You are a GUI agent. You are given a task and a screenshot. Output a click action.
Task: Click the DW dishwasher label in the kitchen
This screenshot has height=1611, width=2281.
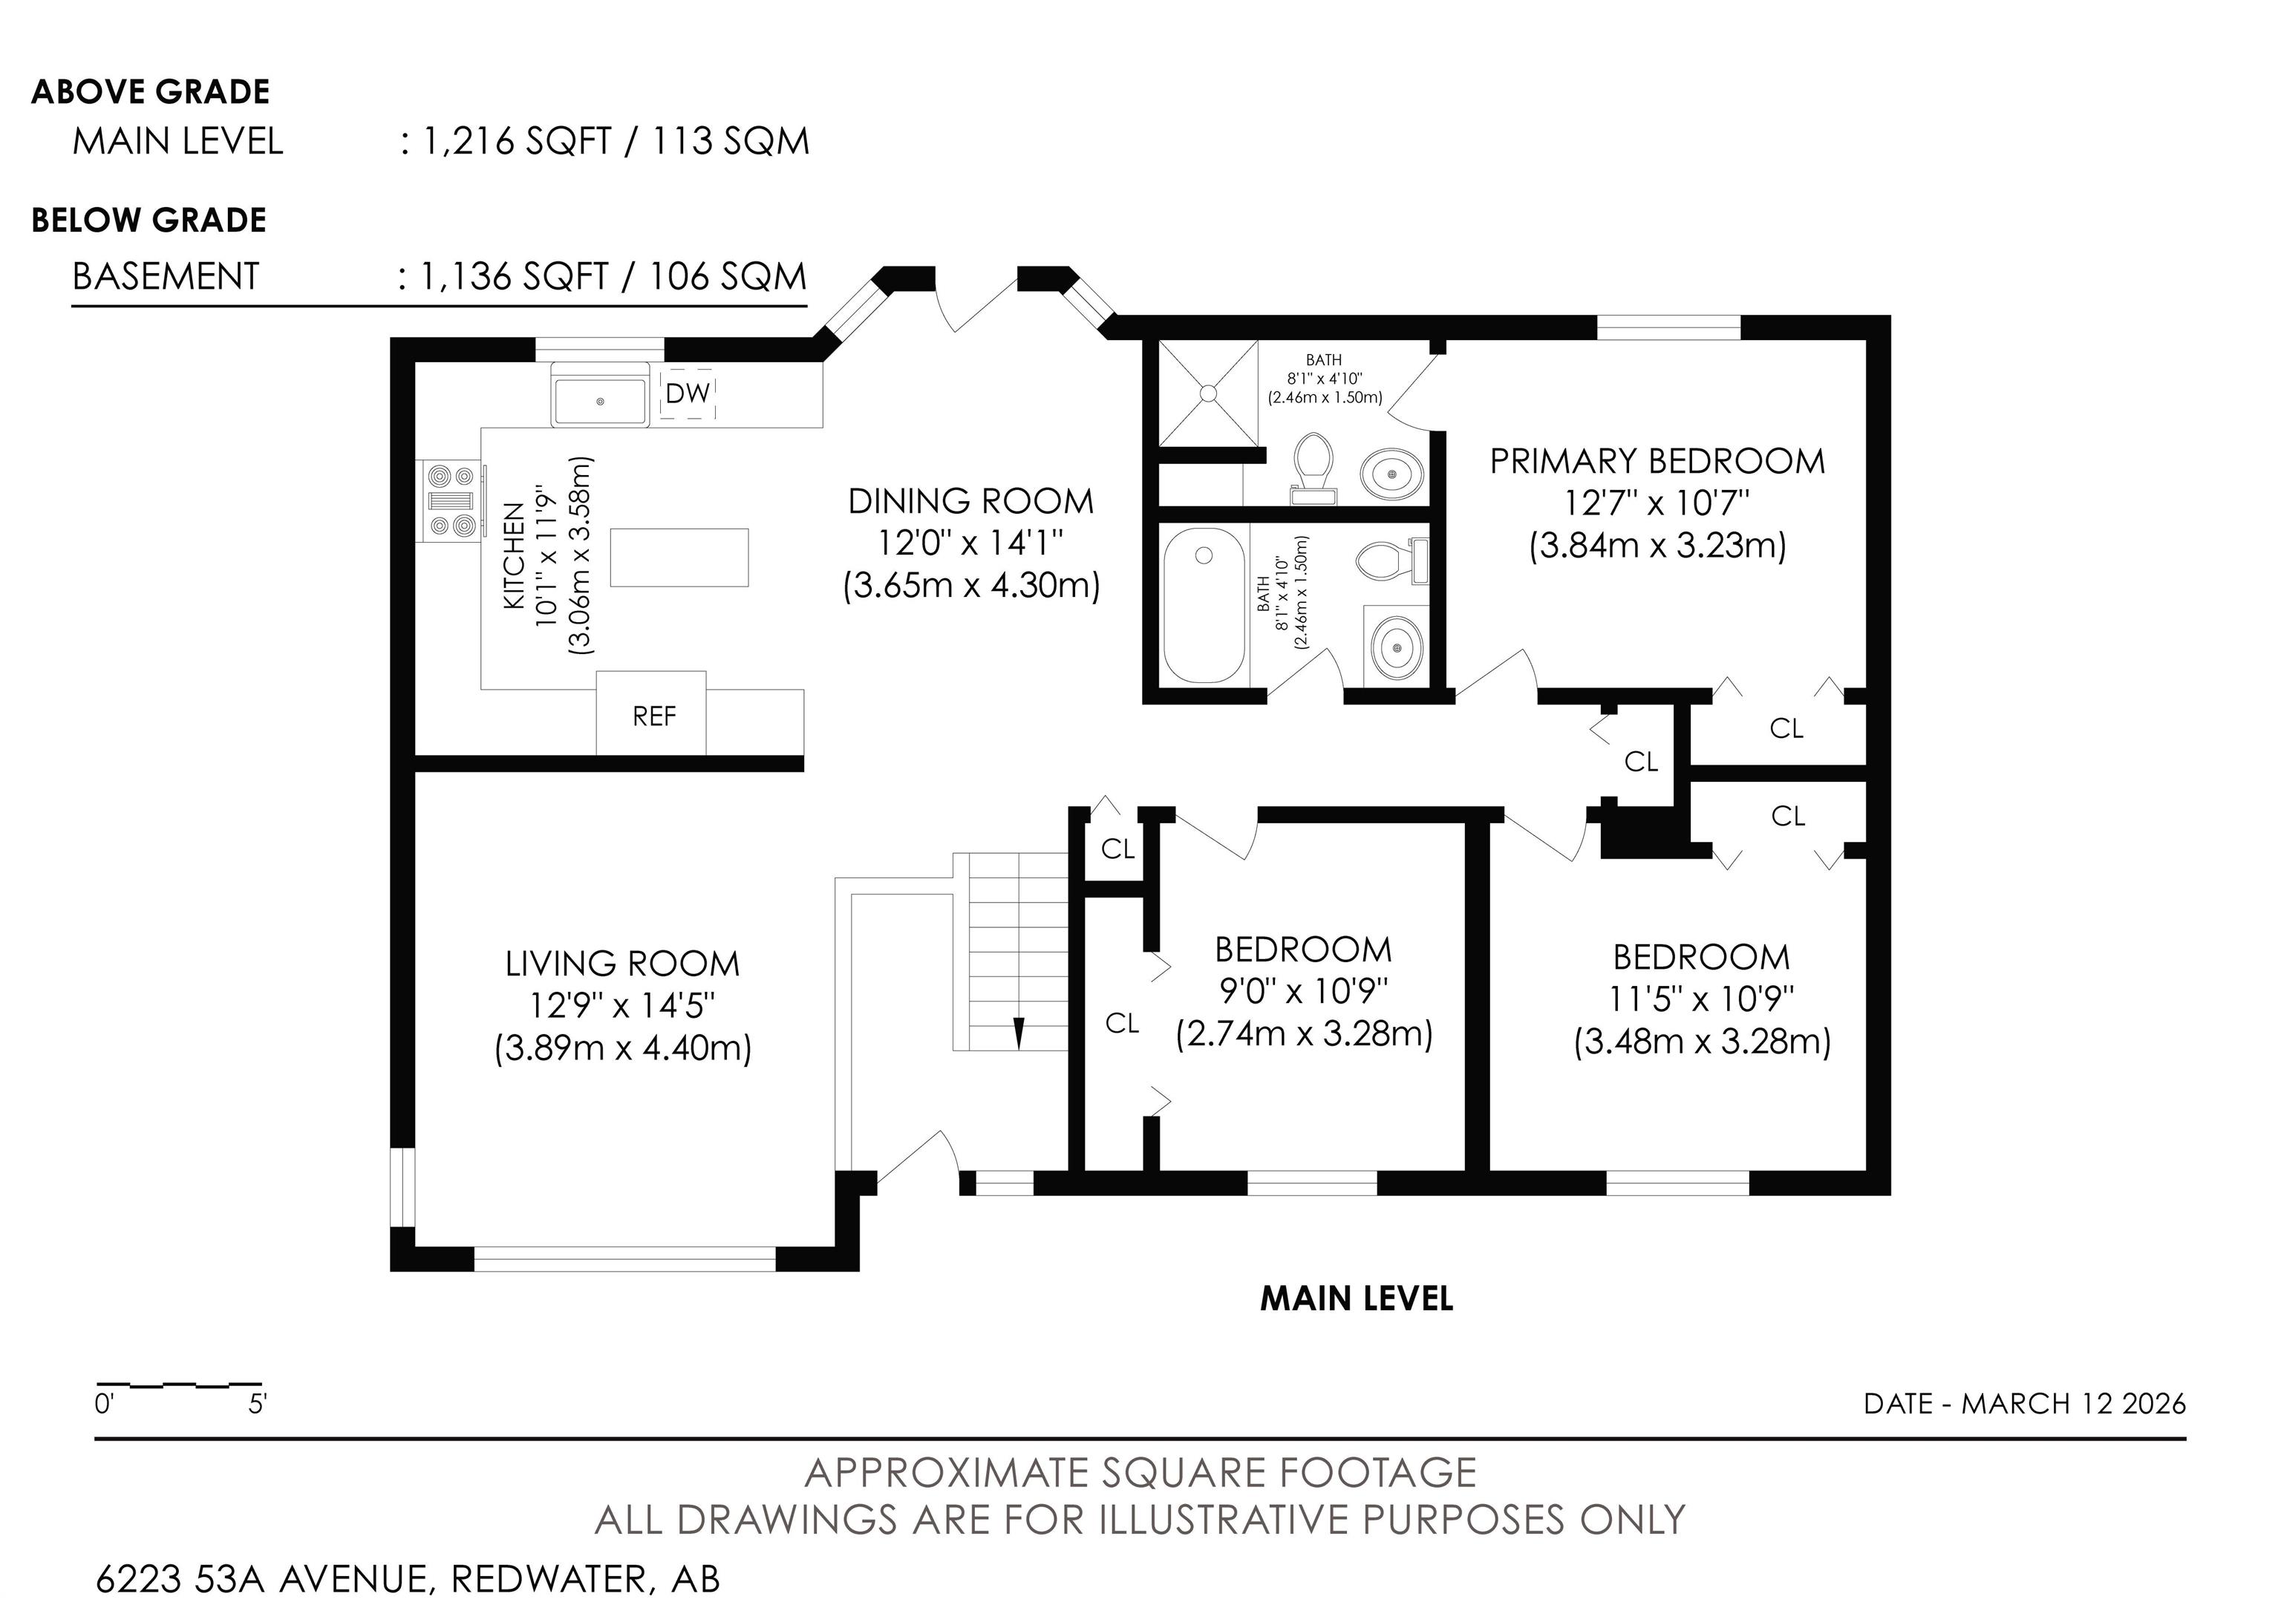688,393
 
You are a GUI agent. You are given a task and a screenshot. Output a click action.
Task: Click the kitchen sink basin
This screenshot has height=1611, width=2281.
600,401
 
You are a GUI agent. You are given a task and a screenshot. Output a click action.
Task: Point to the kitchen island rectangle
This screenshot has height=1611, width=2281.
679,558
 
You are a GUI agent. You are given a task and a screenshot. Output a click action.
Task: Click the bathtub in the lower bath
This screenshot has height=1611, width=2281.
1202,607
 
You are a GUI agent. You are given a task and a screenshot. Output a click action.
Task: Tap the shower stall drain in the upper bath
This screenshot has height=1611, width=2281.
1208,393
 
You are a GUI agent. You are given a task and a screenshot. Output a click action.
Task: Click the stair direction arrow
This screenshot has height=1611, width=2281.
1018,1032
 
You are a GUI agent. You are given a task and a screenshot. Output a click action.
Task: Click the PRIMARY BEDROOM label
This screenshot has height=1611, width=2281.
1657,461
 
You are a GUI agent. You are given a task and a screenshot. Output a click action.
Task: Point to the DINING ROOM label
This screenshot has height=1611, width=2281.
970,502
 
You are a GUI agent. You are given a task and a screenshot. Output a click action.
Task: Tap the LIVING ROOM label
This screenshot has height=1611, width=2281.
623,964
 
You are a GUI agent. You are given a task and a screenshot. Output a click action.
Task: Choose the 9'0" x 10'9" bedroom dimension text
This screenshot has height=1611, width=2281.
1303,990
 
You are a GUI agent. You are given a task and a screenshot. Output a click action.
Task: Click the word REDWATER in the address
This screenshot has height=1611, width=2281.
549,1579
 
